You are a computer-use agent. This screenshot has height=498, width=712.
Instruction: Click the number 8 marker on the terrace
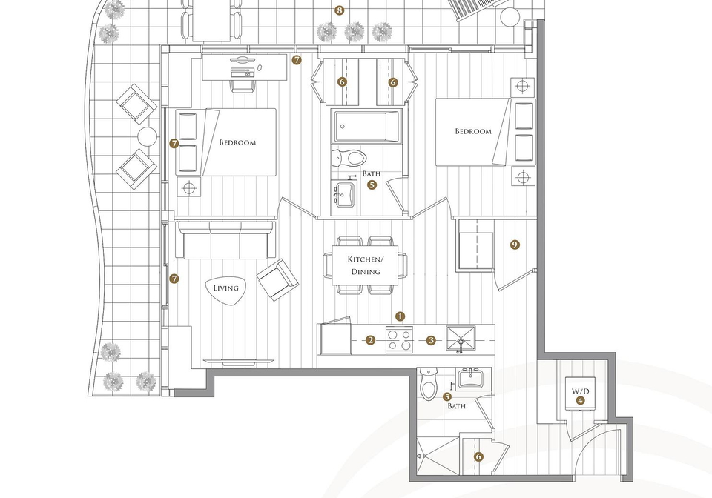[x=339, y=10]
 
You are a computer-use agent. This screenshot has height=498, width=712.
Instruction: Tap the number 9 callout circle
[x=515, y=245]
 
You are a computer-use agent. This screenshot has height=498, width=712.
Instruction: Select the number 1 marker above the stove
[x=400, y=316]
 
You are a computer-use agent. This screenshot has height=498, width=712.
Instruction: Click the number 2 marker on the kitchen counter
[x=371, y=340]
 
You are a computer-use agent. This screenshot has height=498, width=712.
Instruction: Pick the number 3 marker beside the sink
[x=431, y=340]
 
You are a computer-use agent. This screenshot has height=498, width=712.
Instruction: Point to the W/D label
[x=580, y=391]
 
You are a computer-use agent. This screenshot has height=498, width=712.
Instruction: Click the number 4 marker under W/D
[x=580, y=400]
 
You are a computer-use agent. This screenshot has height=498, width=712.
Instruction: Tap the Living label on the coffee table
[x=225, y=288]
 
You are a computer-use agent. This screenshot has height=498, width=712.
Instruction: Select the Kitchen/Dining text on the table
[x=366, y=265]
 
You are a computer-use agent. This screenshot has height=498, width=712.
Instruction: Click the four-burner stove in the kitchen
[x=399, y=339]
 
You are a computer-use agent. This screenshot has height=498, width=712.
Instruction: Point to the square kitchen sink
[x=461, y=339]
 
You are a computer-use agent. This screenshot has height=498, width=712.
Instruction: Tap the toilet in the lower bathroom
[x=428, y=384]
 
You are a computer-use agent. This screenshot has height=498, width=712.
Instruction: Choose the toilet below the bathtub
[x=349, y=157]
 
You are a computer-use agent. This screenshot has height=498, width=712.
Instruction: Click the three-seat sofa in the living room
[x=225, y=240]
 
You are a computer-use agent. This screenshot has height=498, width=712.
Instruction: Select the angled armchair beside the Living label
[x=277, y=279]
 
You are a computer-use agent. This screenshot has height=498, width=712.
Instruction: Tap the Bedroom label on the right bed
[x=473, y=131]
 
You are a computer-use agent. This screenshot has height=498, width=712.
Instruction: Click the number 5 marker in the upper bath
[x=372, y=185]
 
